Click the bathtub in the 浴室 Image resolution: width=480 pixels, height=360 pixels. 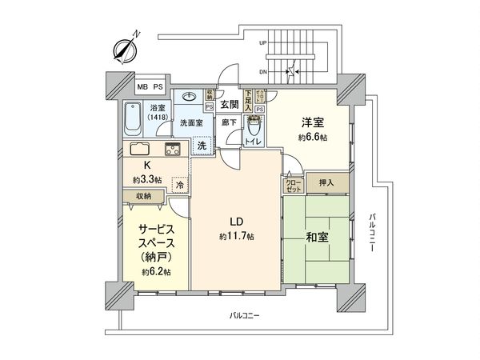click(134, 123)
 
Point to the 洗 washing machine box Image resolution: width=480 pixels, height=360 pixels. click(203, 145)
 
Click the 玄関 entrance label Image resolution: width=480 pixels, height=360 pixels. click(229, 105)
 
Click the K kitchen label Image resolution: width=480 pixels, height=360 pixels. click(146, 166)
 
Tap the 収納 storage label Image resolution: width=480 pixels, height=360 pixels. click(143, 195)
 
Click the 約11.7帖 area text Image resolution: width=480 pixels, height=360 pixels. click(238, 237)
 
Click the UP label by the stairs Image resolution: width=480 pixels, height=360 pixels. click(263, 43)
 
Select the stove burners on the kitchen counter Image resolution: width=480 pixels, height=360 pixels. click(174, 149)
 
